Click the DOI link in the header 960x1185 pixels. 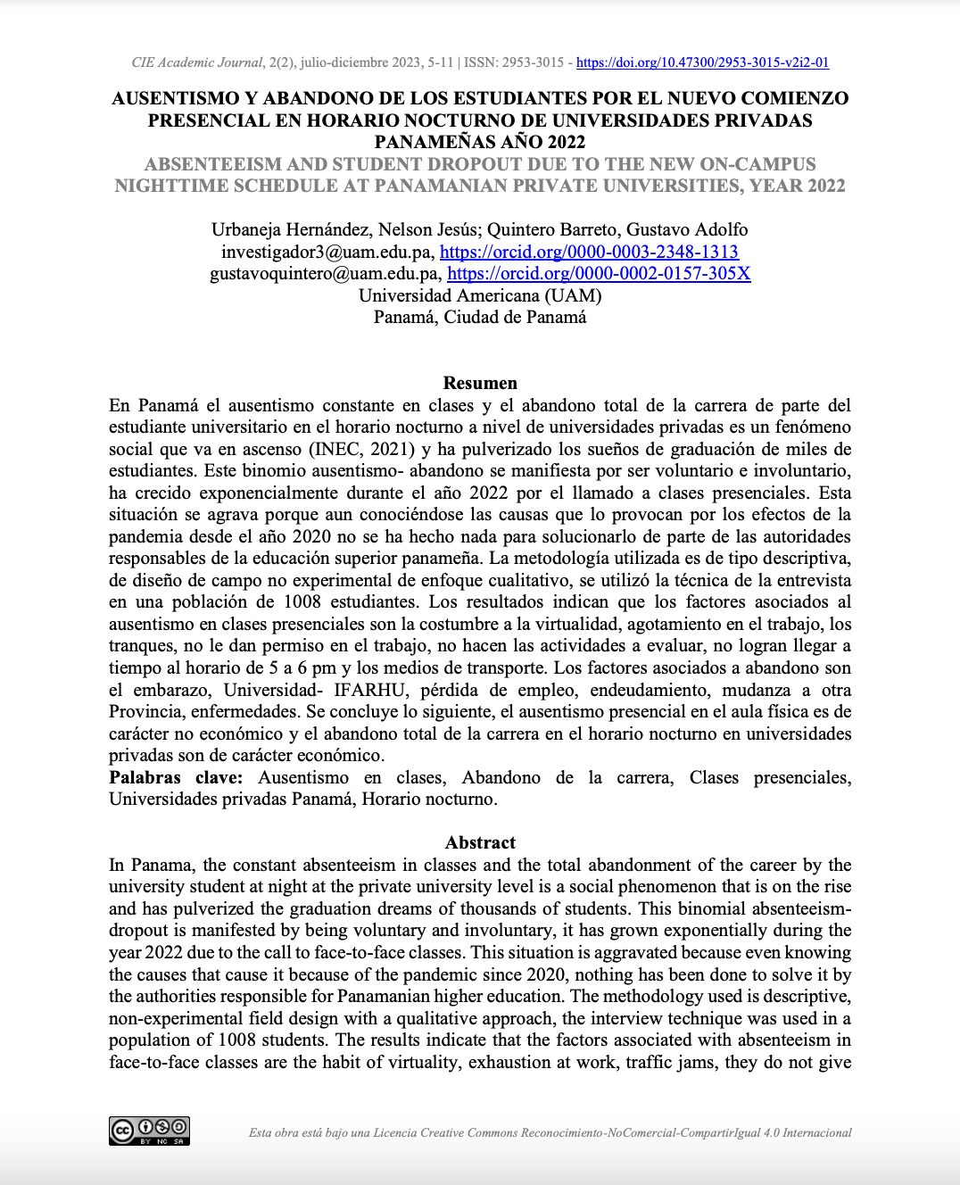pyautogui.click(x=702, y=62)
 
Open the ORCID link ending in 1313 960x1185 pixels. pyautogui.click(x=589, y=253)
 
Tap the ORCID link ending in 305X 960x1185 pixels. pyautogui.click(x=599, y=274)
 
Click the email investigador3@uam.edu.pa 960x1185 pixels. pyautogui.click(x=327, y=253)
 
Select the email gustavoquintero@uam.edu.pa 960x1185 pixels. pyautogui.click(x=325, y=274)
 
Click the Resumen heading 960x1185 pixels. pyautogui.click(x=480, y=384)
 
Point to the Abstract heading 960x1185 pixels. pyautogui.click(x=480, y=843)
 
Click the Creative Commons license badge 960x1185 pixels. pyautogui.click(x=149, y=1131)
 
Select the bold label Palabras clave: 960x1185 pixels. pyautogui.click(x=176, y=778)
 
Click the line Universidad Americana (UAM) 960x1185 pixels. pyautogui.click(x=480, y=295)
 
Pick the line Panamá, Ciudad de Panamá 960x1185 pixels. pyautogui.click(x=480, y=318)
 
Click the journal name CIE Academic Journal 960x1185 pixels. pyautogui.click(x=197, y=62)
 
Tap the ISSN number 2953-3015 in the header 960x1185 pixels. pyautogui.click(x=533, y=62)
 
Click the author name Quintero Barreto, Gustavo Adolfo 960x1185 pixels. pyautogui.click(x=617, y=230)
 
